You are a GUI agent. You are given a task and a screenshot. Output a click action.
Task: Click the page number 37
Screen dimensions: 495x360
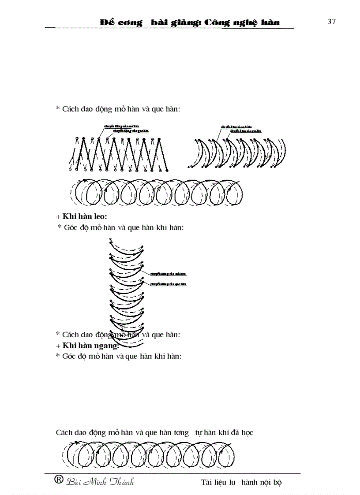tap(331, 22)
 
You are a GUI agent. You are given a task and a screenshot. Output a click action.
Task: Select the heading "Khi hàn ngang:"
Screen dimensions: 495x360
tap(87, 345)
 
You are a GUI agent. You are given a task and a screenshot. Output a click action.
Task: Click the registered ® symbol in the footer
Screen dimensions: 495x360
tap(58, 480)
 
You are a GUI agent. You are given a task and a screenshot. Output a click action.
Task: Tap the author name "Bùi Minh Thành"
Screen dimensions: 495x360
tap(100, 482)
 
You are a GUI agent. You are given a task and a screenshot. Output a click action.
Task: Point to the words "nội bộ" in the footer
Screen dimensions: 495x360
tap(271, 482)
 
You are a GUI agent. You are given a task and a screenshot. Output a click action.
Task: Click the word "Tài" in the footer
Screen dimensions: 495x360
tap(206, 482)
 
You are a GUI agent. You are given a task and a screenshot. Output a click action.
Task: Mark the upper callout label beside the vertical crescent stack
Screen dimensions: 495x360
tap(169, 274)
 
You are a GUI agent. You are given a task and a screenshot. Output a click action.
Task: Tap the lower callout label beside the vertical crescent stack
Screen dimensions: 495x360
tap(169, 284)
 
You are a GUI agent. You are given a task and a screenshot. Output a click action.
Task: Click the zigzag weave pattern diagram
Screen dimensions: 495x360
tap(119, 154)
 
